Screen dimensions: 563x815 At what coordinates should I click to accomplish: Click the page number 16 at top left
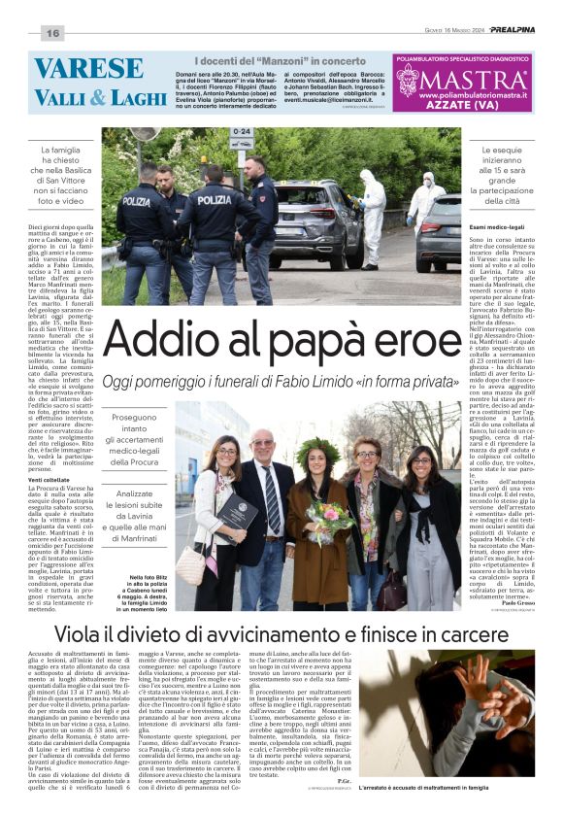click(x=51, y=33)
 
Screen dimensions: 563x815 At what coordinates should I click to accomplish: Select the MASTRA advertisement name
click(x=476, y=79)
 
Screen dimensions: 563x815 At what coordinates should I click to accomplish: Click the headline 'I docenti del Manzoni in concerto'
click(x=281, y=62)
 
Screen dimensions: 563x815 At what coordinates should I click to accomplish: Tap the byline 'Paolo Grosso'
click(x=512, y=601)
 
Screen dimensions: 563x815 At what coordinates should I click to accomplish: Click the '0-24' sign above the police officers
click(x=242, y=131)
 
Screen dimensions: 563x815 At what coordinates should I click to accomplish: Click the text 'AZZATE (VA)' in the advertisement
click(x=463, y=102)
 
